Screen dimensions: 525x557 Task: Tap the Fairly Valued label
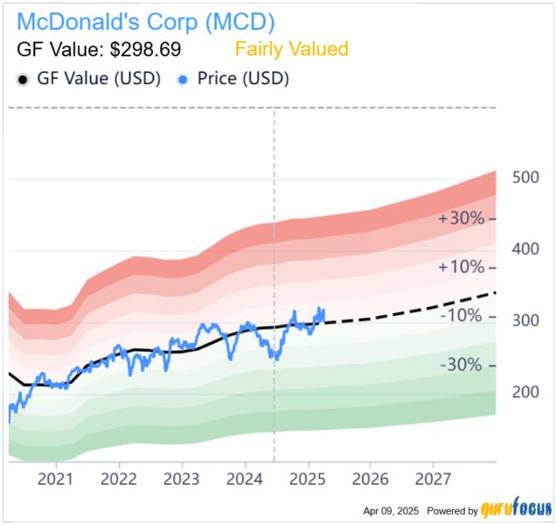point(292,49)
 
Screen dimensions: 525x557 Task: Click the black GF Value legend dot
point(23,79)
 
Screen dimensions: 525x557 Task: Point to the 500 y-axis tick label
point(526,178)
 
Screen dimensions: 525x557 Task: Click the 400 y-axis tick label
point(526,248)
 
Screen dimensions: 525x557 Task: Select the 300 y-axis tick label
point(526,320)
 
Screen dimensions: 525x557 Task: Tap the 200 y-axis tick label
point(526,391)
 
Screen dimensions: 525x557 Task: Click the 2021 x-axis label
point(56,479)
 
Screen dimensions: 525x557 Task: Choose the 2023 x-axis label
point(182,479)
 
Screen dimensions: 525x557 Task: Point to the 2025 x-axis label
point(307,479)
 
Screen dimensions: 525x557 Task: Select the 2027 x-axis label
point(433,479)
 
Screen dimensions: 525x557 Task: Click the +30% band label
point(461,218)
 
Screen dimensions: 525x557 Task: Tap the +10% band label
point(461,267)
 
